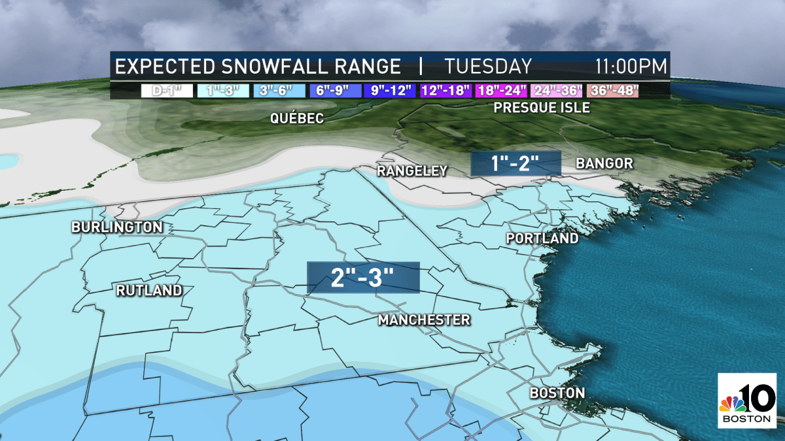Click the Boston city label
pyautogui.click(x=557, y=393)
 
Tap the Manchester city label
pyautogui.click(x=424, y=320)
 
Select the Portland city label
pyautogui.click(x=542, y=238)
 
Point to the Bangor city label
pyautogui.click(x=604, y=163)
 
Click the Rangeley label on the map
pyautogui.click(x=412, y=171)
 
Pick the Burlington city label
pyautogui.click(x=117, y=227)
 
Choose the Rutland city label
pyautogui.click(x=148, y=291)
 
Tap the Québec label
pyautogui.click(x=298, y=118)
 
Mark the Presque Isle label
pyautogui.click(x=542, y=107)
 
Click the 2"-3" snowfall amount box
pyautogui.click(x=363, y=278)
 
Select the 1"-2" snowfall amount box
pyautogui.click(x=515, y=163)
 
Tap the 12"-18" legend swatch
pyautogui.click(x=446, y=90)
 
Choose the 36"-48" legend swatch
pyautogui.click(x=612, y=90)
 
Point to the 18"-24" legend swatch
pyautogui.click(x=503, y=90)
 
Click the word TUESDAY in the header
pyautogui.click(x=488, y=67)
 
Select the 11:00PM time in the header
pyautogui.click(x=631, y=67)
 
